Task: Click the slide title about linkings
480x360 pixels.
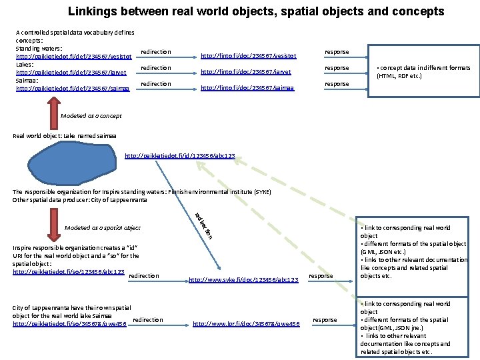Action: click(255, 11)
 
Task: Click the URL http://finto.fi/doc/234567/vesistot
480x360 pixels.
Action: click(248, 57)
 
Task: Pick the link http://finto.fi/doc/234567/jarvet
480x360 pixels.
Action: click(245, 72)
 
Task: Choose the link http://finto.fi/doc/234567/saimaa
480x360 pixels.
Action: click(247, 88)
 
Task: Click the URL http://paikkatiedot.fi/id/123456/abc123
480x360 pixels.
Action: click(180, 157)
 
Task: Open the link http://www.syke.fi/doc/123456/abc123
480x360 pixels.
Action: click(243, 280)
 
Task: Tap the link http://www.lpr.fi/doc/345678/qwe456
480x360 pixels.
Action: click(247, 324)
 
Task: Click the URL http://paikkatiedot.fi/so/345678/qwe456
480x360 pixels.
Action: click(70, 324)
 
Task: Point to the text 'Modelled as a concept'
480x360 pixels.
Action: click(91, 116)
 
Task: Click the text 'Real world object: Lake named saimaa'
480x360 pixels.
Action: click(65, 136)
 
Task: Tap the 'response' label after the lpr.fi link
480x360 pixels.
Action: click(325, 320)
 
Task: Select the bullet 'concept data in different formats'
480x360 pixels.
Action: click(423, 72)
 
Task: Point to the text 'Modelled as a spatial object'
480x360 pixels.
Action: click(103, 228)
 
